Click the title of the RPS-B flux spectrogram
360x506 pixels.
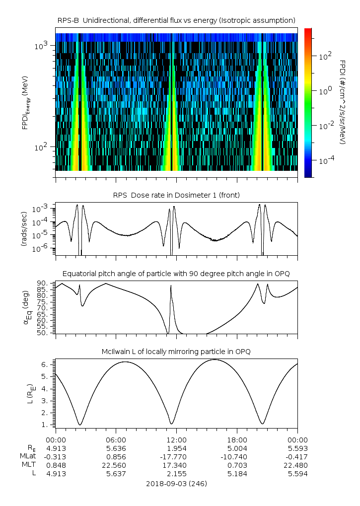177,20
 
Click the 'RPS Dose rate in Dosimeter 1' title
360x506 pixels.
177,195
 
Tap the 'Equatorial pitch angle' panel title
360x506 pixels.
176,274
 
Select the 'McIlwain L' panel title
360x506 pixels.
176,352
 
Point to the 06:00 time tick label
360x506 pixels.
116,440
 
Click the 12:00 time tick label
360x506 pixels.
177,440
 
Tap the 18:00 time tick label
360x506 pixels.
237,440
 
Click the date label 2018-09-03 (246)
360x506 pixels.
177,483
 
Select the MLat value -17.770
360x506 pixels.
177,457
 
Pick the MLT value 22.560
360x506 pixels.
116,465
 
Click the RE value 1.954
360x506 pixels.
177,448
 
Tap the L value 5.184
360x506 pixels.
237,474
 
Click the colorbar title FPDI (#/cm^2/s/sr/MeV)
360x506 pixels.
343,102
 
